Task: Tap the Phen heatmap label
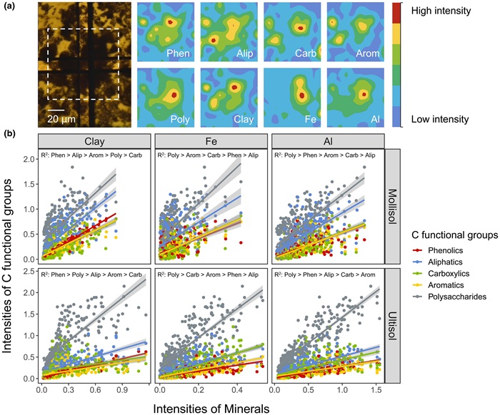point(177,53)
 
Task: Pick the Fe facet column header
point(209,140)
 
